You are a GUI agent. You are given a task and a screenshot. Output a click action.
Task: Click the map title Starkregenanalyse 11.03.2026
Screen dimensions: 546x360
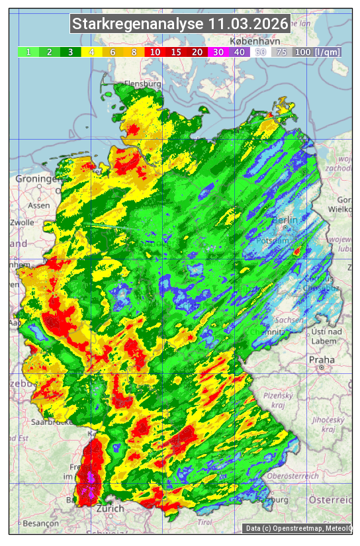(x=180, y=24)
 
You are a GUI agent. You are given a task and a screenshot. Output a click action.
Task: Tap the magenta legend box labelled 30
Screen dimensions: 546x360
(x=218, y=52)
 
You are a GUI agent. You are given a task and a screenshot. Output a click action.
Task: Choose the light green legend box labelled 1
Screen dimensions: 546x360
(x=28, y=52)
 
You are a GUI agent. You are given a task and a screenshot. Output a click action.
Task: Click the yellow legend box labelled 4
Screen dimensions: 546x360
(x=92, y=52)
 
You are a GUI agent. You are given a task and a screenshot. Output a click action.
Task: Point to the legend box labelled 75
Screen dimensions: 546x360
(x=281, y=52)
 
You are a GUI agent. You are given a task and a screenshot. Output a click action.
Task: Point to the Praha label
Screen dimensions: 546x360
(x=322, y=359)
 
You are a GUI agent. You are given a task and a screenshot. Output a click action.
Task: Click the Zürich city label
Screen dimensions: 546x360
(x=110, y=508)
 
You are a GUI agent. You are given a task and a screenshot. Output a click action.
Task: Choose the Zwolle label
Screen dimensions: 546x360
(x=21, y=222)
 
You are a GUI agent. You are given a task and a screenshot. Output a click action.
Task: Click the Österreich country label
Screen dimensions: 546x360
(x=332, y=498)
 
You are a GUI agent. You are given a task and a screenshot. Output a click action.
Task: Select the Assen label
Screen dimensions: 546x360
(x=39, y=205)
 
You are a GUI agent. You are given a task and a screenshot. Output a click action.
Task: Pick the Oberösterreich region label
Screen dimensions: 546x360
(x=294, y=476)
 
